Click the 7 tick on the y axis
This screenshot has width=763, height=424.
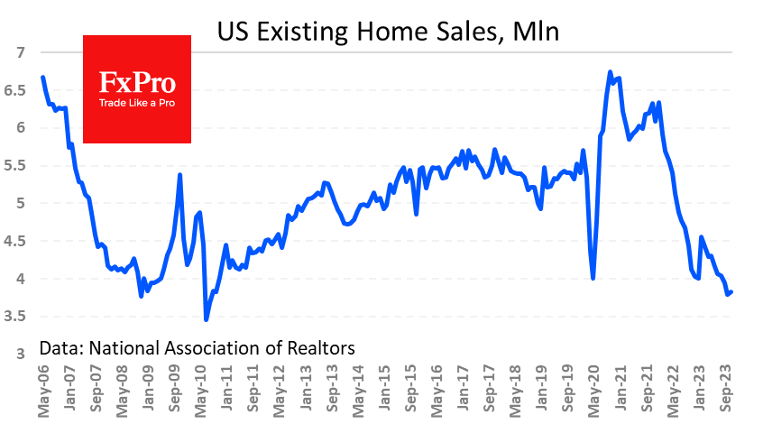click(19, 52)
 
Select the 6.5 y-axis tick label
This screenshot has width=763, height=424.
click(15, 90)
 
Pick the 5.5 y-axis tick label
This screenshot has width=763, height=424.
click(15, 166)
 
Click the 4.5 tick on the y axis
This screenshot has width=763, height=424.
click(15, 241)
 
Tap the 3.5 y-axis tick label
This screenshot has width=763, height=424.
click(15, 317)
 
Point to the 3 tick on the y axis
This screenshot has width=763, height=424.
click(19, 354)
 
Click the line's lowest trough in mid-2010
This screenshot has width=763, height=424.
click(206, 319)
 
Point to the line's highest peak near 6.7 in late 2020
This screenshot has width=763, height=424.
click(611, 72)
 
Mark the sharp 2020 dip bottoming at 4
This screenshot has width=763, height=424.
click(593, 278)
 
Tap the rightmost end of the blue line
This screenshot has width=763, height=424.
click(731, 291)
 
